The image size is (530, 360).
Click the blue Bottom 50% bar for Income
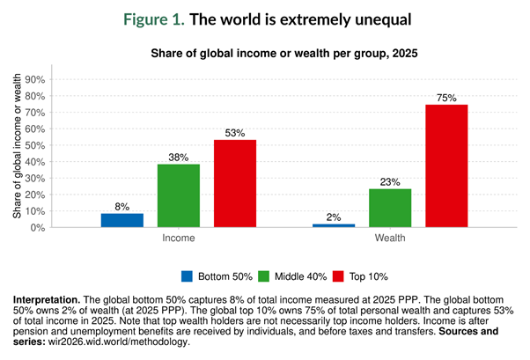coord(122,220)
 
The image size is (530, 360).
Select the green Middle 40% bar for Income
coord(179,195)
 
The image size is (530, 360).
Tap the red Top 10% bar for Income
coord(235,183)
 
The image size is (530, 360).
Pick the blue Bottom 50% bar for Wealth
coord(334,225)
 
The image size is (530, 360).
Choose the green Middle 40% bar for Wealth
coord(390,208)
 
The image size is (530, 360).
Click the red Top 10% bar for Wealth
coord(446,165)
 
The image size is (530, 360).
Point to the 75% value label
coord(446,98)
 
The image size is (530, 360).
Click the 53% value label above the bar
coord(235,134)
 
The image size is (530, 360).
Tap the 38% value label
coord(179,158)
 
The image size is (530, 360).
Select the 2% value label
coord(334,217)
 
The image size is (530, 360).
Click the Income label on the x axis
coord(179,239)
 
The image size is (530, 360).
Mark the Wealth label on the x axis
coord(390,239)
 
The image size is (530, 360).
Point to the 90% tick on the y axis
coord(58,80)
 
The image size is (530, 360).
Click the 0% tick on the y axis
coord(62,228)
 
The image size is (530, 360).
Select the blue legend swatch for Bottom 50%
coord(188,276)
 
